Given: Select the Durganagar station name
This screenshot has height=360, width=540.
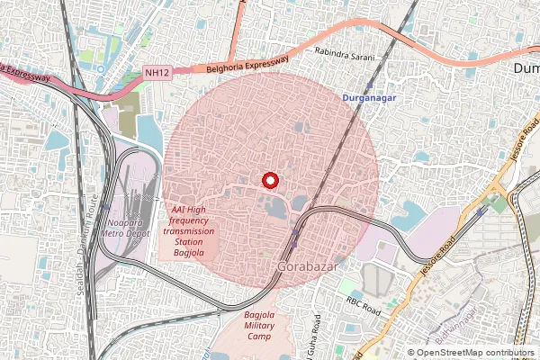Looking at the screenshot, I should tap(370, 95).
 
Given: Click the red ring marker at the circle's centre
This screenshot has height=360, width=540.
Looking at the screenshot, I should tap(269, 180).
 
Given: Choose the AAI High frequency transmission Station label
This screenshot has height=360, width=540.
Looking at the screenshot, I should tap(189, 230).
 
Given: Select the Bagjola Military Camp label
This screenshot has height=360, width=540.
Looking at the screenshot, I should tap(265, 326).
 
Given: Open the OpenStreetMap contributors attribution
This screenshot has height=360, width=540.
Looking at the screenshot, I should tap(475, 353).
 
